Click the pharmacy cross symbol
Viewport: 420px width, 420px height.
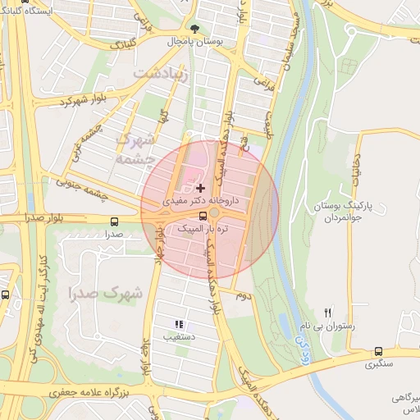200,188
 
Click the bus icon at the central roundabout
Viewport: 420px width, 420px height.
215,216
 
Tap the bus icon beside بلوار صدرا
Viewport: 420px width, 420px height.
113,221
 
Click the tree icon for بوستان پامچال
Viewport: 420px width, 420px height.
194,27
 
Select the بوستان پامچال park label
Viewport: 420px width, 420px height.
191,40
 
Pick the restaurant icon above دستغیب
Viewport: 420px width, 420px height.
179,325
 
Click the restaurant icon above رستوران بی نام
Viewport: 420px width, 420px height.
328,313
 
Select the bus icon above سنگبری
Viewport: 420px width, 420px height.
377,351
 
